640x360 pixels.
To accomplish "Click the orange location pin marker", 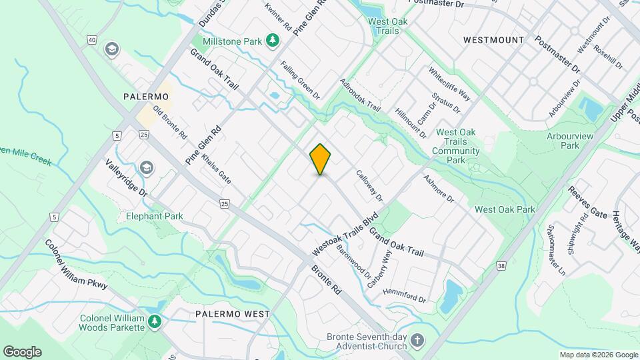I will pyautogui.click(x=321, y=159).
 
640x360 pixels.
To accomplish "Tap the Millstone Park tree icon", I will pyautogui.click(x=272, y=41).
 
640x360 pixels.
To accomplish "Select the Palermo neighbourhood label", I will pyautogui.click(x=146, y=97).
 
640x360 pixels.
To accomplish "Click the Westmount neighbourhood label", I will pyautogui.click(x=493, y=40).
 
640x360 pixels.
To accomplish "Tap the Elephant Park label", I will pyautogui.click(x=154, y=216).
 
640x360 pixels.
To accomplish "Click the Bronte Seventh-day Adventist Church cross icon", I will pyautogui.click(x=417, y=340).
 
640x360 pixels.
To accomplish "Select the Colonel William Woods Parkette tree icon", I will pyautogui.click(x=155, y=323).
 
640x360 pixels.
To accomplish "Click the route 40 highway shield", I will pyautogui.click(x=91, y=41).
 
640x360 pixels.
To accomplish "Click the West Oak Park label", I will pyautogui.click(x=505, y=209).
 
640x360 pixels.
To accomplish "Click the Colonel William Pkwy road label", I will pyautogui.click(x=76, y=263).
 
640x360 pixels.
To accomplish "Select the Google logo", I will pyautogui.click(x=22, y=352).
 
